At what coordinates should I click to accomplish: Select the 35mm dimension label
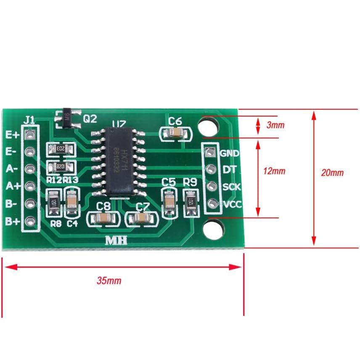coord(109,281)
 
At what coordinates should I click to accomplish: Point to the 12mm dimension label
coord(274,171)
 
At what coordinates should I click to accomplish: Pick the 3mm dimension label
coord(275,125)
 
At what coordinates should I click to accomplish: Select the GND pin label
coord(230,153)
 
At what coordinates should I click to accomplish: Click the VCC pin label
coord(231,205)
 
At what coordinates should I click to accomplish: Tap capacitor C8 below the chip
coord(103,218)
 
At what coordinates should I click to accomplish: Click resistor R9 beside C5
coord(191,200)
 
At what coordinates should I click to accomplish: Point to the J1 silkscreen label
coord(29,120)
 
